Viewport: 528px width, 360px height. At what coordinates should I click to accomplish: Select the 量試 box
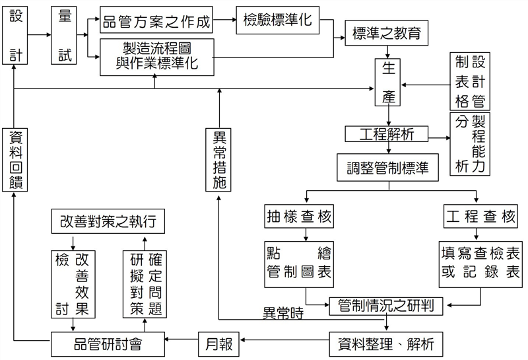[65, 36]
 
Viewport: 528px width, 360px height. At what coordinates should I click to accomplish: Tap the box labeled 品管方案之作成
[157, 22]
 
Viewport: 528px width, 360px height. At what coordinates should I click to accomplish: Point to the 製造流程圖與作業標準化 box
[157, 56]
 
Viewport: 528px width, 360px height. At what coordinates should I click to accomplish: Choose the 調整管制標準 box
[387, 168]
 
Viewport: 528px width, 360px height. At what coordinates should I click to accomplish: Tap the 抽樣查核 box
[298, 216]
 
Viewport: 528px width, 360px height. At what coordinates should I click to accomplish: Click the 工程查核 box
[480, 216]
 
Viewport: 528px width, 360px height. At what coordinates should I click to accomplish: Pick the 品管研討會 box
[108, 343]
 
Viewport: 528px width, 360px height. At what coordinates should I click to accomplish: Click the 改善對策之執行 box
[108, 221]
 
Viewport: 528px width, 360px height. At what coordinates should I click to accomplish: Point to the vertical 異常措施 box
[220, 159]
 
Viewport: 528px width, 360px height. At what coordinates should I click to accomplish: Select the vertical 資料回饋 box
[15, 159]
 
